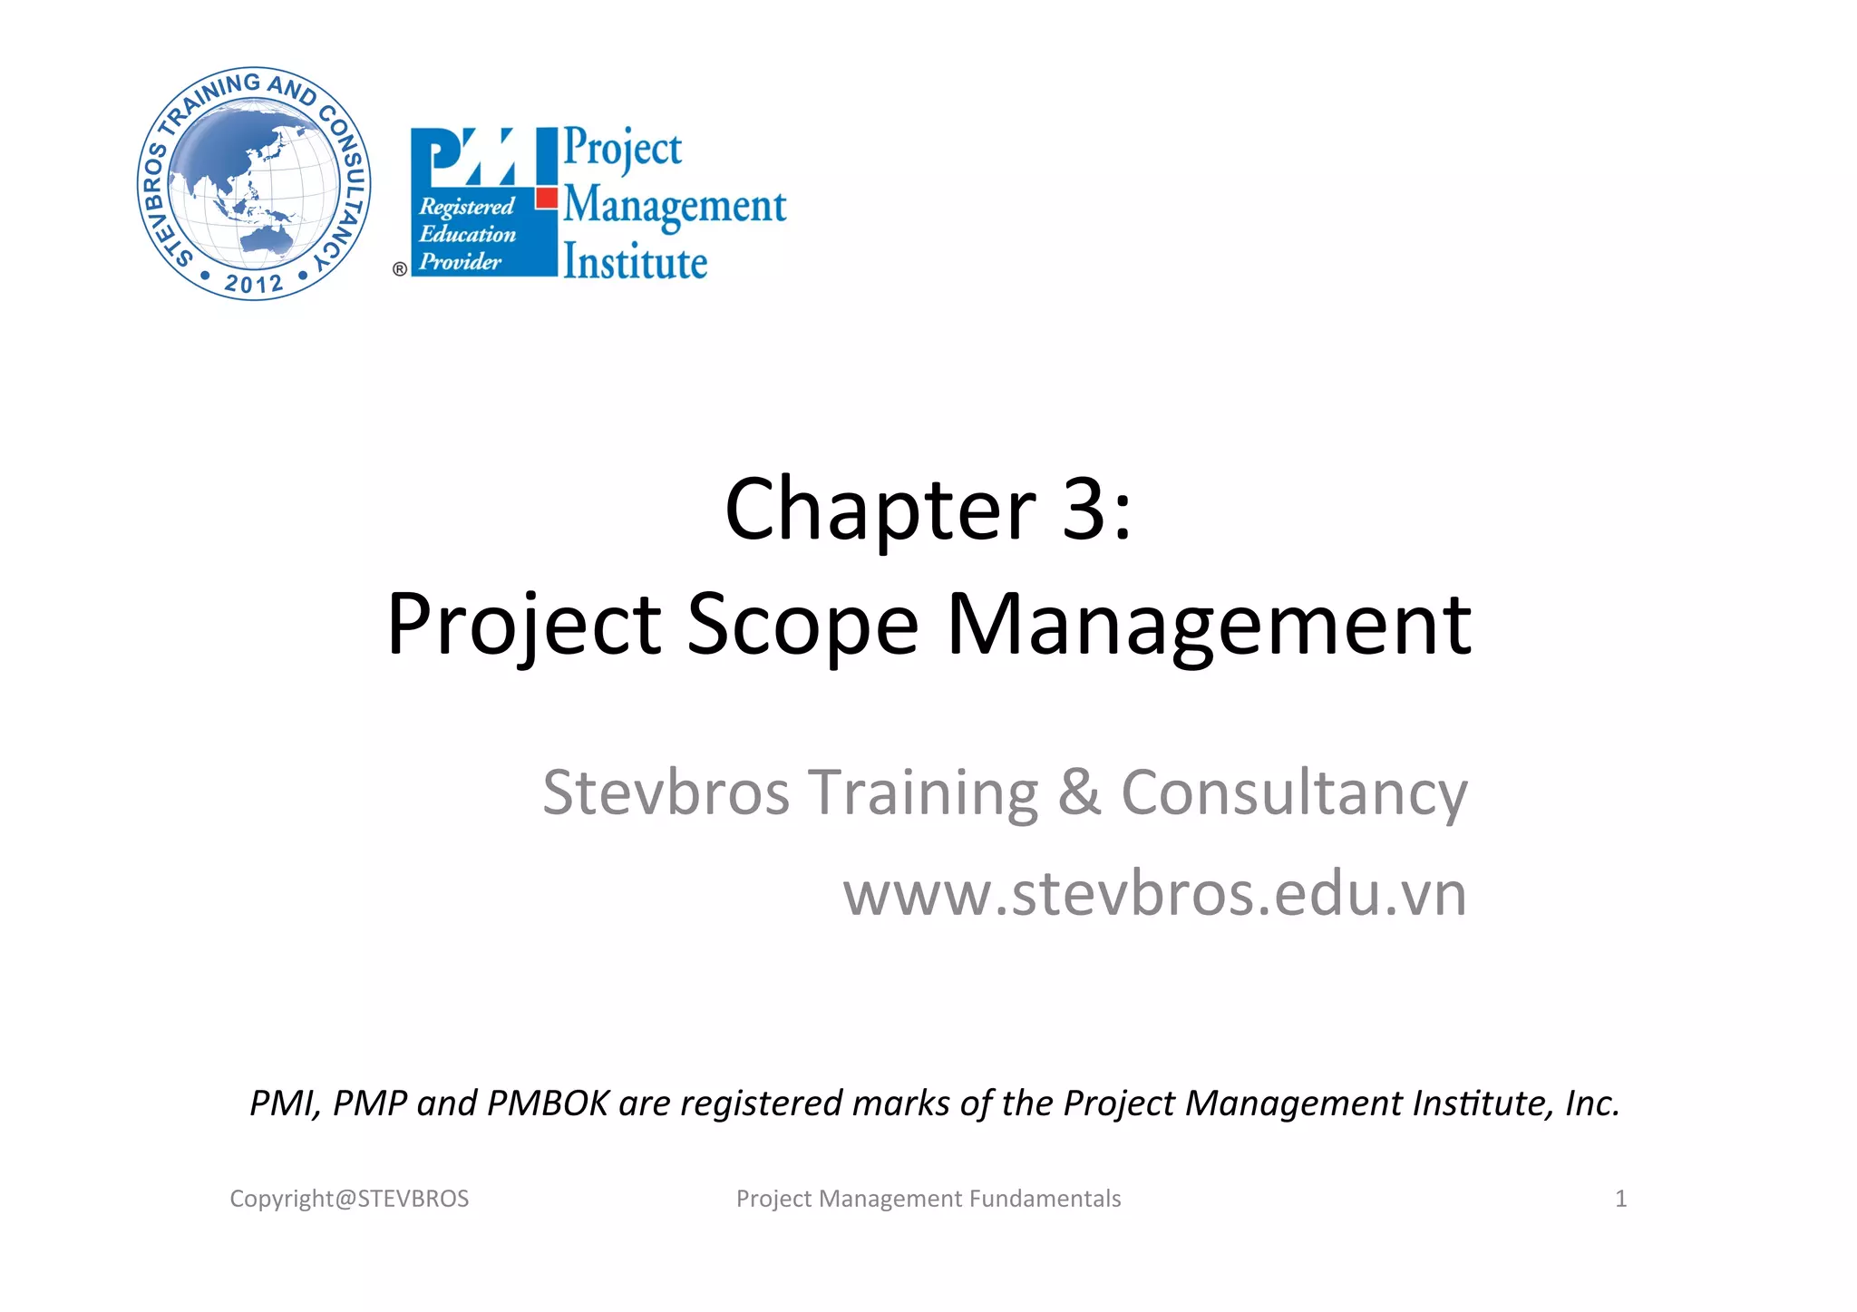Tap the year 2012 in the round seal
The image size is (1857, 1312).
point(254,284)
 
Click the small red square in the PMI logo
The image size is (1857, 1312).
point(547,198)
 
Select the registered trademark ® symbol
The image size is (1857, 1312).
point(399,269)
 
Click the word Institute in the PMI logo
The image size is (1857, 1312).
point(635,262)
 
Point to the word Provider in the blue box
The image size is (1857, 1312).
point(460,262)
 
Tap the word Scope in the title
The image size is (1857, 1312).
point(802,626)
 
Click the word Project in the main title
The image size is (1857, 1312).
point(524,626)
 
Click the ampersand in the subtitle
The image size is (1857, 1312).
point(1079,792)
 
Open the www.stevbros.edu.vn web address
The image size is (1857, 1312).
point(1154,894)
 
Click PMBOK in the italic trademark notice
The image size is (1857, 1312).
point(548,1103)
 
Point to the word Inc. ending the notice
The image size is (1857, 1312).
point(1592,1103)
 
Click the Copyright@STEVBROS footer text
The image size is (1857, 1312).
point(349,1199)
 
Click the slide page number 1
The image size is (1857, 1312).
point(1620,1199)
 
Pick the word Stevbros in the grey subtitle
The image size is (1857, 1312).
point(666,792)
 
